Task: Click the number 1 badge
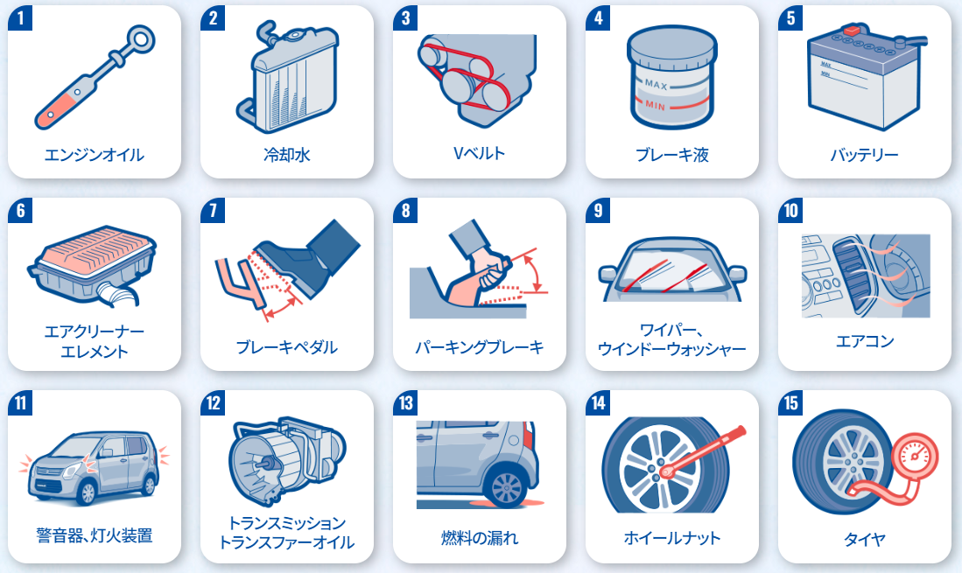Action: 20,17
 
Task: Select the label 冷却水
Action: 286,155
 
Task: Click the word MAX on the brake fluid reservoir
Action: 656,84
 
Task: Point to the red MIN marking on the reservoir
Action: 656,105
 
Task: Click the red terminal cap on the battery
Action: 852,30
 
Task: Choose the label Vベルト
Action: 479,153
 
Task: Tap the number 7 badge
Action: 213,210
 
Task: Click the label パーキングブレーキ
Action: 479,347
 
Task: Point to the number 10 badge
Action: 790,210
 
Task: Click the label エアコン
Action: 865,340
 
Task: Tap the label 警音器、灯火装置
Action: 94,535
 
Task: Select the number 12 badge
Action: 213,402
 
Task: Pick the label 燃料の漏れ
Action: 479,538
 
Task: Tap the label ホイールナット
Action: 671,538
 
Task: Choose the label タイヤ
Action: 865,539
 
